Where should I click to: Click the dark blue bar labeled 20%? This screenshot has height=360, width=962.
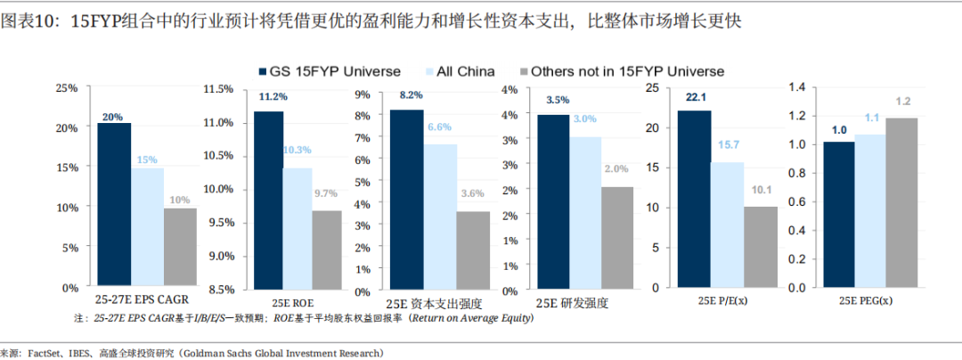[x=114, y=205]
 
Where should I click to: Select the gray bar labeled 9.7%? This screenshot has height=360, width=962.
[x=302, y=249]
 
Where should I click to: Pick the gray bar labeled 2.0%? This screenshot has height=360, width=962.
[x=616, y=236]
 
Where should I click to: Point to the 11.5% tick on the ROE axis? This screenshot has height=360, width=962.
[x=217, y=89]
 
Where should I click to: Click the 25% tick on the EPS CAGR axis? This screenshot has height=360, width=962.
[x=66, y=89]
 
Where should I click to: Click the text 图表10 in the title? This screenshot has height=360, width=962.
[x=27, y=20]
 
